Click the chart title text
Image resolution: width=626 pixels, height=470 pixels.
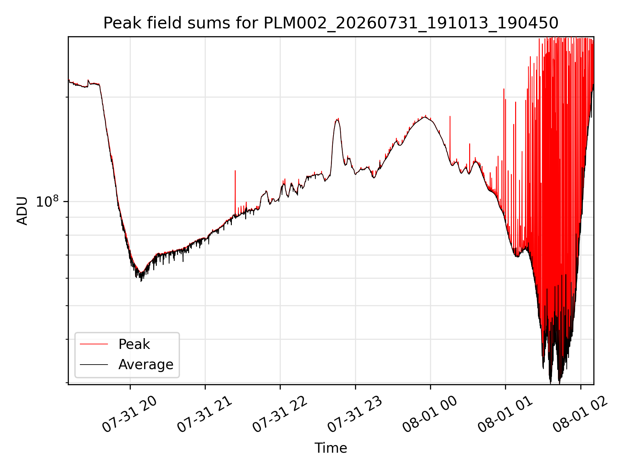331,23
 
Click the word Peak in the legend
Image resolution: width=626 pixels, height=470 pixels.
134,344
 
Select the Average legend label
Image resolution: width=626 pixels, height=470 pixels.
146,365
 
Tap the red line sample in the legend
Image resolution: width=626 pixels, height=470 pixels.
94,344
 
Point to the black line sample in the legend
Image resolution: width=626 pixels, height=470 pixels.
94,364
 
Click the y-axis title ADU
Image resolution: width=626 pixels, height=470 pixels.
22,211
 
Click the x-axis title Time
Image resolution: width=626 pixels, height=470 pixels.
331,448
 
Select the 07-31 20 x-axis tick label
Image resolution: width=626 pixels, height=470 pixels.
130,415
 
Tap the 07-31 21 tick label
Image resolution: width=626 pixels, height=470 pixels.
205,415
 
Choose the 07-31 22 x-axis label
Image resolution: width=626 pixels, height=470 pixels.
280,415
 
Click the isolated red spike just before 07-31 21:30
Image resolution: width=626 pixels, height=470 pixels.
235,193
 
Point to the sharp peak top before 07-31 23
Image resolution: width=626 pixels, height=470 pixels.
337,119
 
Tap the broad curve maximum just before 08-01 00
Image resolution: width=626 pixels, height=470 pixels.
425,117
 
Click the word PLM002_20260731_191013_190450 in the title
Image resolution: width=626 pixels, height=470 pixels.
411,23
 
